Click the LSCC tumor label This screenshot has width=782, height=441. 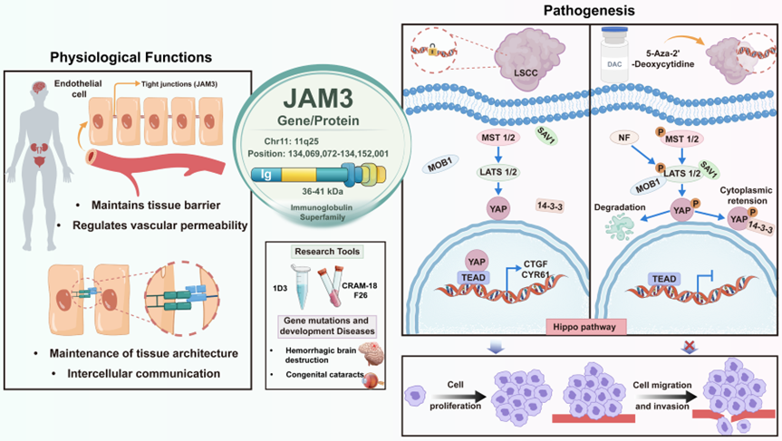pos(526,72)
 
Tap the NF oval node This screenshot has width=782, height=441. pos(624,137)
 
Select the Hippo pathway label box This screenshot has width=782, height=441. pos(584,328)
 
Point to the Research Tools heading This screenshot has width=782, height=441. pos(327,252)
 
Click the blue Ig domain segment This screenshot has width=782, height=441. pos(265,175)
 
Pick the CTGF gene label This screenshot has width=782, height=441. pos(536,264)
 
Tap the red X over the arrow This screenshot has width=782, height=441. pos(690,345)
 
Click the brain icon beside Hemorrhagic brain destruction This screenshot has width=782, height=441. pos(371,353)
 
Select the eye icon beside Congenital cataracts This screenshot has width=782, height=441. pos(374,380)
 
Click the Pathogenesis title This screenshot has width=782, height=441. pos(589,11)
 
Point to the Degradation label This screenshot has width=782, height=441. pos(620,207)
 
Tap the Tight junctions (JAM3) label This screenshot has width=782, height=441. pos(179,84)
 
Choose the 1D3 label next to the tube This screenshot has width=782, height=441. pos(280,288)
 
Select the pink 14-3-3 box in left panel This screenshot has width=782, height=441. pos(550,206)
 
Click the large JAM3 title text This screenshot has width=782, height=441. pos(318,98)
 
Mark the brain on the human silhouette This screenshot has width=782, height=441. pos(38,88)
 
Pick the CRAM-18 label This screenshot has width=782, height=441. pos(359,286)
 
